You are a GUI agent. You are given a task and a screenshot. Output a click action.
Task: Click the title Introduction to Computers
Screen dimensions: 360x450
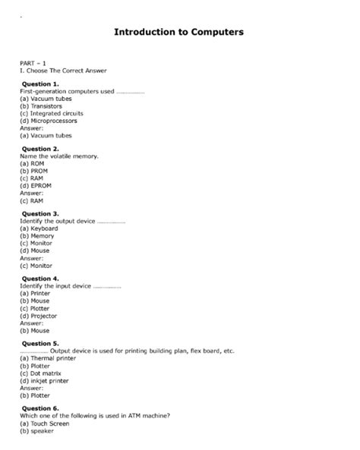(178, 33)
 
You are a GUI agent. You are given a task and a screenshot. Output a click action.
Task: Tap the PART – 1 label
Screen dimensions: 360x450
(33, 63)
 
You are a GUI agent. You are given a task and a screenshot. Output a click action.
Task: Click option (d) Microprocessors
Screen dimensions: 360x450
(48, 121)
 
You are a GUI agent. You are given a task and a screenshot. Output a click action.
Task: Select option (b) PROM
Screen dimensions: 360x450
(36, 171)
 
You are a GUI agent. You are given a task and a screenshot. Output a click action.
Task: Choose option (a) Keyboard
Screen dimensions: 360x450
(39, 228)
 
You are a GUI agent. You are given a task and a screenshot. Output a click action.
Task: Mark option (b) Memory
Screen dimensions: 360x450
(37, 236)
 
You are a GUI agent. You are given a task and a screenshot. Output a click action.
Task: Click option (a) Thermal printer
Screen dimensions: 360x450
(48, 358)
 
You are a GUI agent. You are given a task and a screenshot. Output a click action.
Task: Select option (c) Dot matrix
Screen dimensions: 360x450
(43, 373)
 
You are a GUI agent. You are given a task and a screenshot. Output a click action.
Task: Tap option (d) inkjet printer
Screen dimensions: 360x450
(47, 381)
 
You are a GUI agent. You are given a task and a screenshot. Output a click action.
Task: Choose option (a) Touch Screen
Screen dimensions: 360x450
(46, 423)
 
